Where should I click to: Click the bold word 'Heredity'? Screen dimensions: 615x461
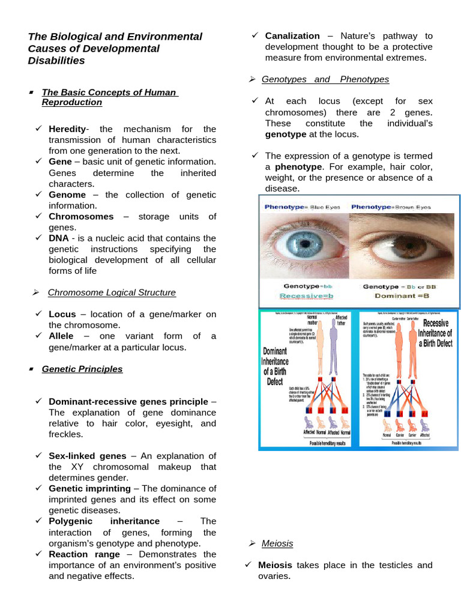click(67, 129)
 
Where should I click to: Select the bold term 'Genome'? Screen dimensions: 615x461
click(67, 195)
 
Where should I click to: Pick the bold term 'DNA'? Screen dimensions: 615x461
click(58, 238)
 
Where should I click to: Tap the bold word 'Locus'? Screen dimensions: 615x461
click(62, 314)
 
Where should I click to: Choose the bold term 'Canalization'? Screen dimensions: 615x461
click(292, 36)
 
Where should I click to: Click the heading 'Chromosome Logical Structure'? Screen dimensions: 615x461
click(112, 292)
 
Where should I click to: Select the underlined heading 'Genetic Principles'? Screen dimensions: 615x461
click(82, 369)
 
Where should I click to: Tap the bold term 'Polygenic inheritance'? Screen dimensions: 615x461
click(104, 521)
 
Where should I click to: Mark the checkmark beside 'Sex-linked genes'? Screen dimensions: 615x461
click(38, 456)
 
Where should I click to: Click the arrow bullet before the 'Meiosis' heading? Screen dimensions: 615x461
click(252, 543)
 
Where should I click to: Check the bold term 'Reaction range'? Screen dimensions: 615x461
click(84, 554)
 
